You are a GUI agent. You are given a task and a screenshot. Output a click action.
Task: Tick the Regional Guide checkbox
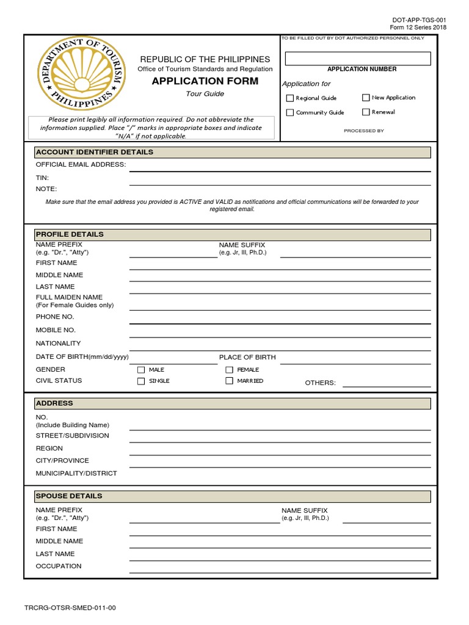(x=290, y=98)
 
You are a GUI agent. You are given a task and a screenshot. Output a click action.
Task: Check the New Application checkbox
(x=366, y=98)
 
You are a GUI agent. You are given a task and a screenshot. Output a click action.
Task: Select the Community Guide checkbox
(x=290, y=113)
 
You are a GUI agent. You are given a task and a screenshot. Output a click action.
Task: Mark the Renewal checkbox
(x=366, y=112)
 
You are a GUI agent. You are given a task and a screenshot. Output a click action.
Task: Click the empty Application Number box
(x=358, y=59)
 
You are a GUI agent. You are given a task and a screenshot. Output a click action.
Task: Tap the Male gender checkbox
(x=141, y=370)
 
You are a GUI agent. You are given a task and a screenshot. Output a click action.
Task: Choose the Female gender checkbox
(x=230, y=370)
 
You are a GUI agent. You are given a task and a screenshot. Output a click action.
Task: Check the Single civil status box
(x=141, y=381)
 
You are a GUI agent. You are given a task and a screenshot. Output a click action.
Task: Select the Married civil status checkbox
(x=230, y=381)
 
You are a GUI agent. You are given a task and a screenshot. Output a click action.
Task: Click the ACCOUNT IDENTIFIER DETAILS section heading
(x=95, y=152)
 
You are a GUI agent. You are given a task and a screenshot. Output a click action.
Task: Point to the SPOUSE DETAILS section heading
(x=69, y=496)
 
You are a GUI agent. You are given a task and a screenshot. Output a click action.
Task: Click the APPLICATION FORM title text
(x=205, y=81)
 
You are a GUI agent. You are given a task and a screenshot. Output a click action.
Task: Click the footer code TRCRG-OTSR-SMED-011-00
(x=70, y=608)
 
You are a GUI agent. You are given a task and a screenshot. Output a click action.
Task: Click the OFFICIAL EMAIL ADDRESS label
(x=81, y=165)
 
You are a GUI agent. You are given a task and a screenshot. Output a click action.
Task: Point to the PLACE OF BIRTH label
(x=247, y=357)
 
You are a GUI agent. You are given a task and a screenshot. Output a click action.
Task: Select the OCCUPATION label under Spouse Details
(x=59, y=566)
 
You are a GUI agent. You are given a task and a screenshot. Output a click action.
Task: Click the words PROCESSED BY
(x=364, y=131)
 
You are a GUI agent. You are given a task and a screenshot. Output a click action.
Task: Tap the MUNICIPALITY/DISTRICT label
(x=76, y=474)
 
